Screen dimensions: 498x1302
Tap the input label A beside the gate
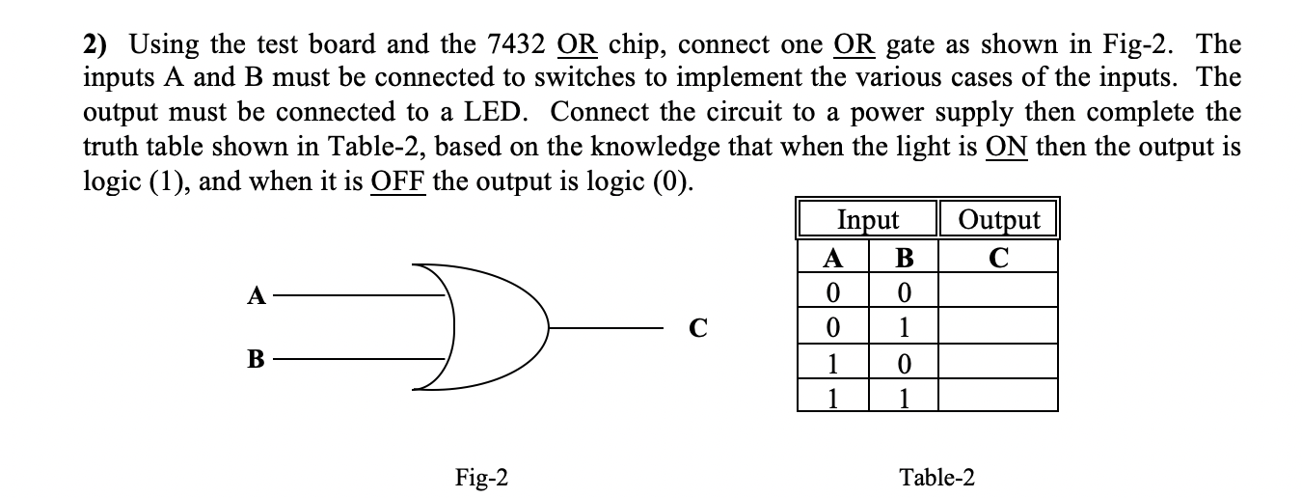tap(257, 296)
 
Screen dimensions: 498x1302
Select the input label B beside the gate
tap(257, 361)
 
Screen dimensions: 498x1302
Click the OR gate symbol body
tap(477, 326)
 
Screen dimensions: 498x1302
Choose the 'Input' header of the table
tap(867, 219)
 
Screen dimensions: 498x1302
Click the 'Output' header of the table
tap(998, 219)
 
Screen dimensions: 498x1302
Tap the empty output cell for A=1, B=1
tap(998, 396)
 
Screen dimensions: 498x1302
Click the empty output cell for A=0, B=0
tap(998, 290)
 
